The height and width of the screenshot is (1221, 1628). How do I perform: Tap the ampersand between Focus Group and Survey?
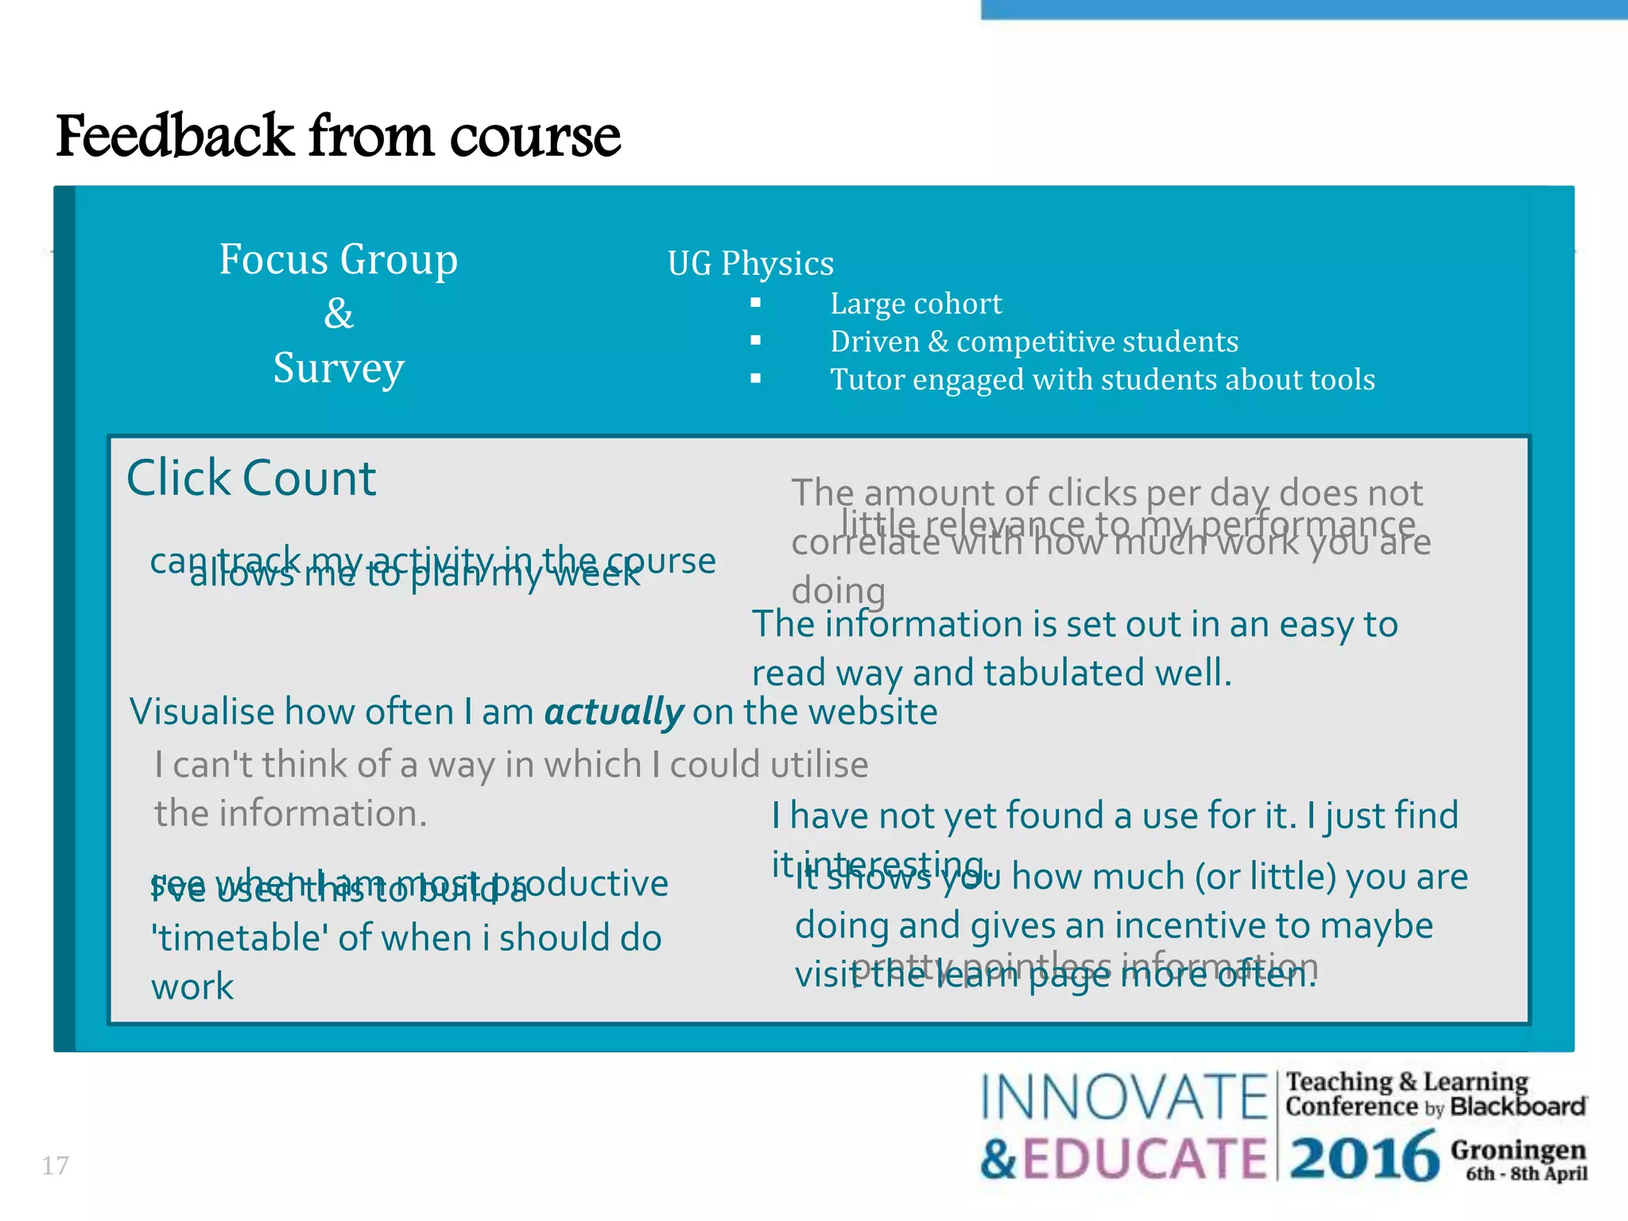339,313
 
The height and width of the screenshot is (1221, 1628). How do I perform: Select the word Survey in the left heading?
339,368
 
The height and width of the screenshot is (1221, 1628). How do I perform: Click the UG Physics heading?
750,263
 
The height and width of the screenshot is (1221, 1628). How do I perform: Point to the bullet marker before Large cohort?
755,303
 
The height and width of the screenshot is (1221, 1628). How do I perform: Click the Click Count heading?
251,478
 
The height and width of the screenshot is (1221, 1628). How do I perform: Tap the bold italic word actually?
613,711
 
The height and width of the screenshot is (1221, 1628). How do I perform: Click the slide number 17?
55,1166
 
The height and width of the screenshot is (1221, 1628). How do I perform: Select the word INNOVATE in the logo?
1122,1098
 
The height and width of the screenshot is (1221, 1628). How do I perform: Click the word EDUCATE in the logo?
1143,1158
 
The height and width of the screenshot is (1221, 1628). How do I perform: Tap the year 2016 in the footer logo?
1363,1157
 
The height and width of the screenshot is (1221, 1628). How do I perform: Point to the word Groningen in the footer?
1518,1149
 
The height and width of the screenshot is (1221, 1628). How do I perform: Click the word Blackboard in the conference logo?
1518,1107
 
